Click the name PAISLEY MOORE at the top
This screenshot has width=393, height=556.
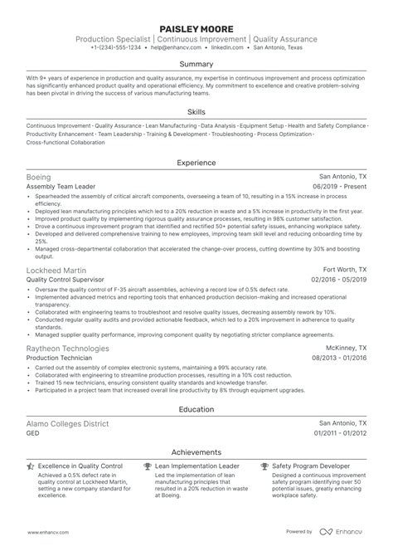tap(196, 27)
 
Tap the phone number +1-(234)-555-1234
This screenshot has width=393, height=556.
tap(117, 47)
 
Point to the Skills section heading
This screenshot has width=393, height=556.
tap(196, 110)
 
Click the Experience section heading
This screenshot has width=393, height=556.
tap(196, 163)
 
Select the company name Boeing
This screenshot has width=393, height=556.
tap(39, 178)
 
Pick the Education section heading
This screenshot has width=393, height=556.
tap(196, 409)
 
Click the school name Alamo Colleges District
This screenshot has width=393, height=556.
tap(68, 423)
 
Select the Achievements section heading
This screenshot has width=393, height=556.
tap(196, 452)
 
